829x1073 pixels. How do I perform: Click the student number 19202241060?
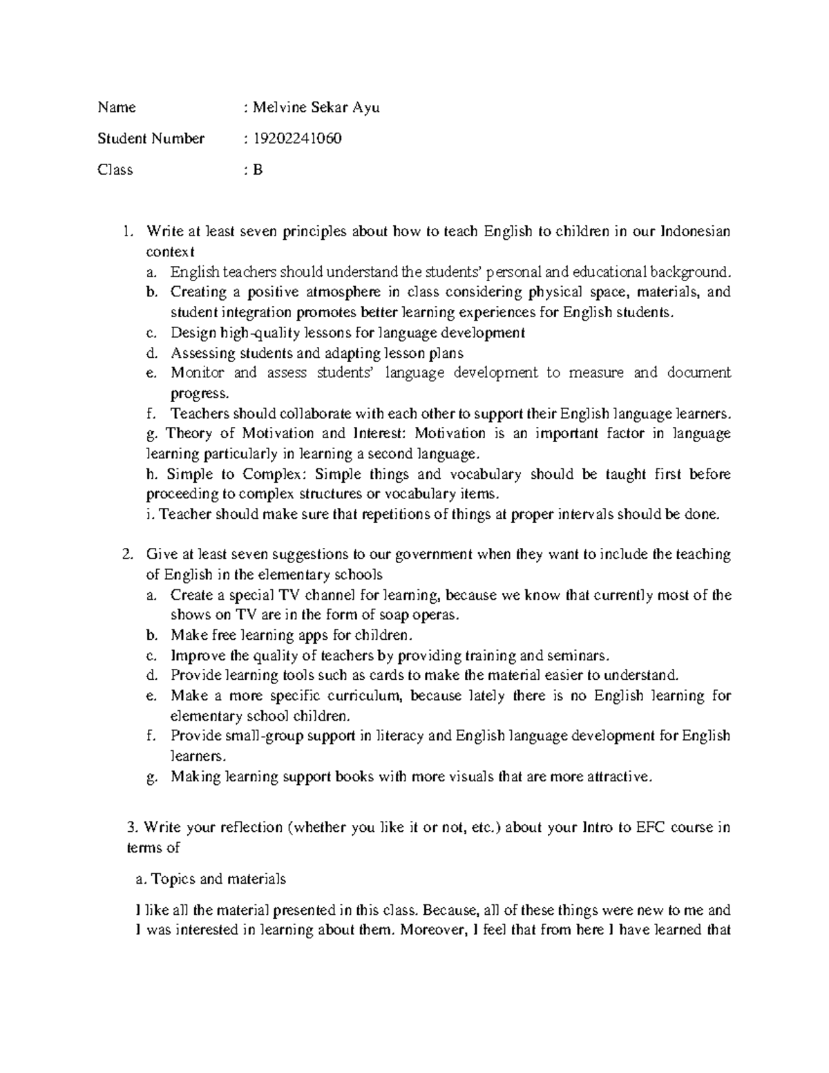tap(297, 139)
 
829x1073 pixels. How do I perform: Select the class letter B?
tap(258, 170)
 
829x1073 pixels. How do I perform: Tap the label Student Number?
tap(151, 139)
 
